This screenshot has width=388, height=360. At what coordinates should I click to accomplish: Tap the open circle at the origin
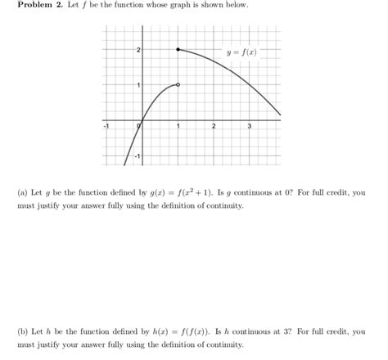click(142, 122)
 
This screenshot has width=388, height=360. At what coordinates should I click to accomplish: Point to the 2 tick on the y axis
click(138, 51)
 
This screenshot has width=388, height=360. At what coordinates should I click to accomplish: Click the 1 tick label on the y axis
click(138, 87)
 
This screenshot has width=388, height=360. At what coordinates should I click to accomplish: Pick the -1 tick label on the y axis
click(138, 155)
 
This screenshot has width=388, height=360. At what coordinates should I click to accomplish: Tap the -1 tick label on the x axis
click(106, 127)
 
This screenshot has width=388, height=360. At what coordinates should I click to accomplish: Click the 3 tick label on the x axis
click(249, 127)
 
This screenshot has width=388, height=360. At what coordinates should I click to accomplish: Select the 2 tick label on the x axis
click(213, 127)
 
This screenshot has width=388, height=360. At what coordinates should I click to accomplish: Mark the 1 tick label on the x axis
click(178, 127)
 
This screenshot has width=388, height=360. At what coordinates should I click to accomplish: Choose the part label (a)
click(23, 193)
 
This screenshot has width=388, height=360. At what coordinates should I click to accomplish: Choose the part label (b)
click(23, 332)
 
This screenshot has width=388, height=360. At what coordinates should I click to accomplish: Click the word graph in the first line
click(170, 6)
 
